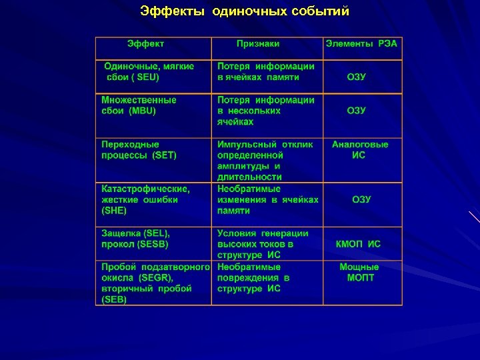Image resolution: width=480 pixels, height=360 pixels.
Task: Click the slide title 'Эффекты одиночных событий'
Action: [x=245, y=11]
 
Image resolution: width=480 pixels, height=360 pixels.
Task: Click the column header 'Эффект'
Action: [x=146, y=44]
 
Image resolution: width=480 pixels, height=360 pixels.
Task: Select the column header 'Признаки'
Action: [x=258, y=44]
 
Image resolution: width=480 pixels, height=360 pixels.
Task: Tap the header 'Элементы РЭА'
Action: [x=361, y=44]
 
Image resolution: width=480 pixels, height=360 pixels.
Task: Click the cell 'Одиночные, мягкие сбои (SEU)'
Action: [x=149, y=72]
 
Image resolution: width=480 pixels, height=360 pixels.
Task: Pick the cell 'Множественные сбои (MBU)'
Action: [x=139, y=105]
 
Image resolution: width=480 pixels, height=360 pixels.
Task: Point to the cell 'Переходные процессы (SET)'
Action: [x=139, y=149]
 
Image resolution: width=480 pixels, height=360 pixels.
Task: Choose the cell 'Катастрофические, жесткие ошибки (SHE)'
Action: [x=145, y=199]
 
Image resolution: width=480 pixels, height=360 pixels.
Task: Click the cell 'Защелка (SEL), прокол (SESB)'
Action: [x=135, y=239]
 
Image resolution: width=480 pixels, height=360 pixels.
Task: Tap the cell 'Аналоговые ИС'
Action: [x=359, y=149]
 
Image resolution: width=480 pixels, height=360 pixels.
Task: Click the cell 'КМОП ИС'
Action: [x=358, y=244]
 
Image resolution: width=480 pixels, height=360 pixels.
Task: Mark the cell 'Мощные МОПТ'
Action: [x=360, y=272]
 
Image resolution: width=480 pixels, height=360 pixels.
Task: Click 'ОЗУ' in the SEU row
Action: [x=357, y=77]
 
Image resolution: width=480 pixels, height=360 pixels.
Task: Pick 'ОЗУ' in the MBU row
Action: [x=357, y=111]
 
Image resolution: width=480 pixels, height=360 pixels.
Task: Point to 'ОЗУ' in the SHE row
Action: [x=362, y=199]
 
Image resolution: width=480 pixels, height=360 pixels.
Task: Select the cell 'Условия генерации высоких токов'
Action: [x=263, y=244]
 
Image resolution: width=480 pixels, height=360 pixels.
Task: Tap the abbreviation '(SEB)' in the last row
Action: [x=114, y=299]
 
